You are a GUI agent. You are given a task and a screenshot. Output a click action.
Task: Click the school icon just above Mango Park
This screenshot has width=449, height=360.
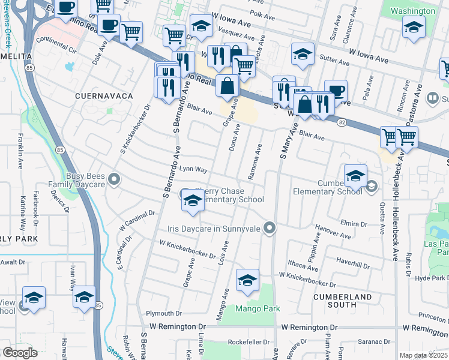pos(247,280)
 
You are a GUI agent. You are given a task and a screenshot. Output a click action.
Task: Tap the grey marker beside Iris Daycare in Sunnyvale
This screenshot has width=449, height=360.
pos(270,227)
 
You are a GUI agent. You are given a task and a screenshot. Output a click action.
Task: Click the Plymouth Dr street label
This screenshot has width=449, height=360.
pos(164,313)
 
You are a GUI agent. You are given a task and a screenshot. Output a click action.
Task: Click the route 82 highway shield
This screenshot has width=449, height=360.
pos(341,122)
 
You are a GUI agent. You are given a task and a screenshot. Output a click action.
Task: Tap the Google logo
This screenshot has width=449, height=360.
pos(20,353)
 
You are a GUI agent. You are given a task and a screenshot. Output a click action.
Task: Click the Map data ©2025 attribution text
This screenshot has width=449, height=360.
pos(423,355)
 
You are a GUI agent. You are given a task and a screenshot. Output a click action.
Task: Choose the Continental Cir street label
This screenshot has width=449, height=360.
pos(57,41)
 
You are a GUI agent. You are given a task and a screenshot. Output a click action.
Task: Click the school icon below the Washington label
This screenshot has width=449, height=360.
pos(414,27)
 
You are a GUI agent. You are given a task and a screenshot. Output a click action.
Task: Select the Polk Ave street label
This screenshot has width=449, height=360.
pos(261,13)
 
